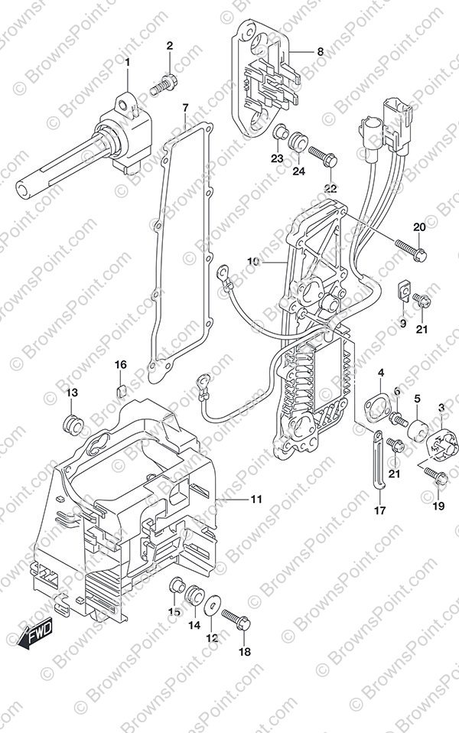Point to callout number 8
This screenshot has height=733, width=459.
(319, 51)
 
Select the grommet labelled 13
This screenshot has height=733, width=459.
(73, 422)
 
